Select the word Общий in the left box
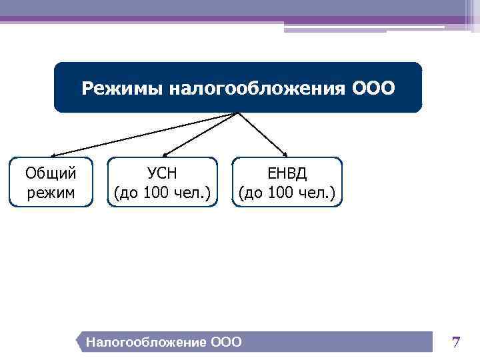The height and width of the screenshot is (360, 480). coord(51,173)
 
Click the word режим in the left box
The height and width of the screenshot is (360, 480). coord(51,193)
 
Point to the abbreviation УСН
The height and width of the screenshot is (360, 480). coord(163,173)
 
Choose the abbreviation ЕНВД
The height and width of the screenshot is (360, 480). coord(287,173)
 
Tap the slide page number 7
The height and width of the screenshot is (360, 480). coord(456,343)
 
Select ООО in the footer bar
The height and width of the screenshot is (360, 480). coord(226,343)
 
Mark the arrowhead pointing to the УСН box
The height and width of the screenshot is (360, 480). coord(163,154)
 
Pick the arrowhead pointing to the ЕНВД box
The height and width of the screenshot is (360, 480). coord(285,154)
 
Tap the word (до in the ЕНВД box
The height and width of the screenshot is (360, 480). coord(251,193)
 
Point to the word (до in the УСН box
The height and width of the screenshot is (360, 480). coord(127,193)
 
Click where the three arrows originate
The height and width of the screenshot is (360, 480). coord(237,113)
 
